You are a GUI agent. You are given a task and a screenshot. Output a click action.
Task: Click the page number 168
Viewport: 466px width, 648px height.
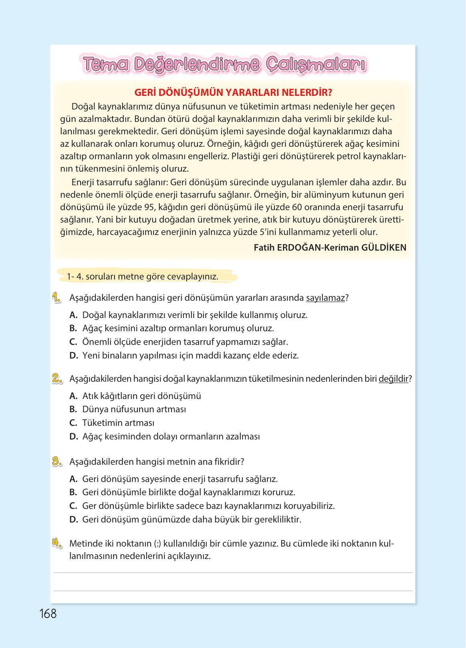48,614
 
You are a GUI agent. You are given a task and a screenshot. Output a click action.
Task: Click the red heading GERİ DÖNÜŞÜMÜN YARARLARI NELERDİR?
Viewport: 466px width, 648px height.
233,93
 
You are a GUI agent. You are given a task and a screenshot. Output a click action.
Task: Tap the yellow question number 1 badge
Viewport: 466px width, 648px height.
56,298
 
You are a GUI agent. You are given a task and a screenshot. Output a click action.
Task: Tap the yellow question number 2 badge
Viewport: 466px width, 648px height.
57,379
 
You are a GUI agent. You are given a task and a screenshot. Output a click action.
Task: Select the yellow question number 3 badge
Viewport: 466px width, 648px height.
57,462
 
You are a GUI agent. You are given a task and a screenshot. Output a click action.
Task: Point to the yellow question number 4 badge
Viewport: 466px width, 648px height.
57,543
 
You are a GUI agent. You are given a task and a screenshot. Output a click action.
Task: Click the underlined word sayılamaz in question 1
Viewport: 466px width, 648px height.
325,298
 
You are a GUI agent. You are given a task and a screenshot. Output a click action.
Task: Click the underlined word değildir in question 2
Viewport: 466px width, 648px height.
393,379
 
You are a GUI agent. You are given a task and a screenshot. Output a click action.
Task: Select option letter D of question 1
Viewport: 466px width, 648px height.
73,356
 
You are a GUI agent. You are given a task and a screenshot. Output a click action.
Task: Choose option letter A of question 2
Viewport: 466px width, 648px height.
73,396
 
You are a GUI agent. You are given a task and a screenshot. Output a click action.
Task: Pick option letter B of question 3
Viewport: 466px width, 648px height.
73,492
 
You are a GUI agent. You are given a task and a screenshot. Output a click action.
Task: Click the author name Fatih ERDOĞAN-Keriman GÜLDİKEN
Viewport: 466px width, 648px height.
330,247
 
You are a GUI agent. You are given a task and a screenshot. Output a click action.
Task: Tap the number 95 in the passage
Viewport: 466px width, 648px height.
149,207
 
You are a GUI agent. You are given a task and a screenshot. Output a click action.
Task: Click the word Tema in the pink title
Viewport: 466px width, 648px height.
106,65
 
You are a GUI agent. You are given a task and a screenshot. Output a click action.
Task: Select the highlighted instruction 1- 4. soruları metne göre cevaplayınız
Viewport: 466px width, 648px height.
143,276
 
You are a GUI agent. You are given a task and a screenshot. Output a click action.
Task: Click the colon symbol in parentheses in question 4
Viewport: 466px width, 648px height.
157,544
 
